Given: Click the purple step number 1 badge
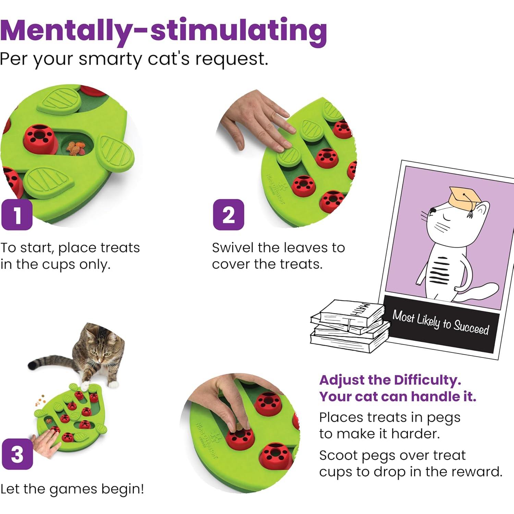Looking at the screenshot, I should [x=17, y=215].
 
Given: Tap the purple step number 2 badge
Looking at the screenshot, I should [x=229, y=215].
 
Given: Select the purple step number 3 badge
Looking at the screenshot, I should [x=17, y=454].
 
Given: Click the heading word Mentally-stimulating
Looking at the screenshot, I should [x=163, y=31].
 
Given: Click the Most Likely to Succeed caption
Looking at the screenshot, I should [x=441, y=322].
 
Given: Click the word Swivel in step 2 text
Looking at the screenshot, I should [x=233, y=248].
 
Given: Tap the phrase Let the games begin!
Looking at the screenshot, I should [x=72, y=489].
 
